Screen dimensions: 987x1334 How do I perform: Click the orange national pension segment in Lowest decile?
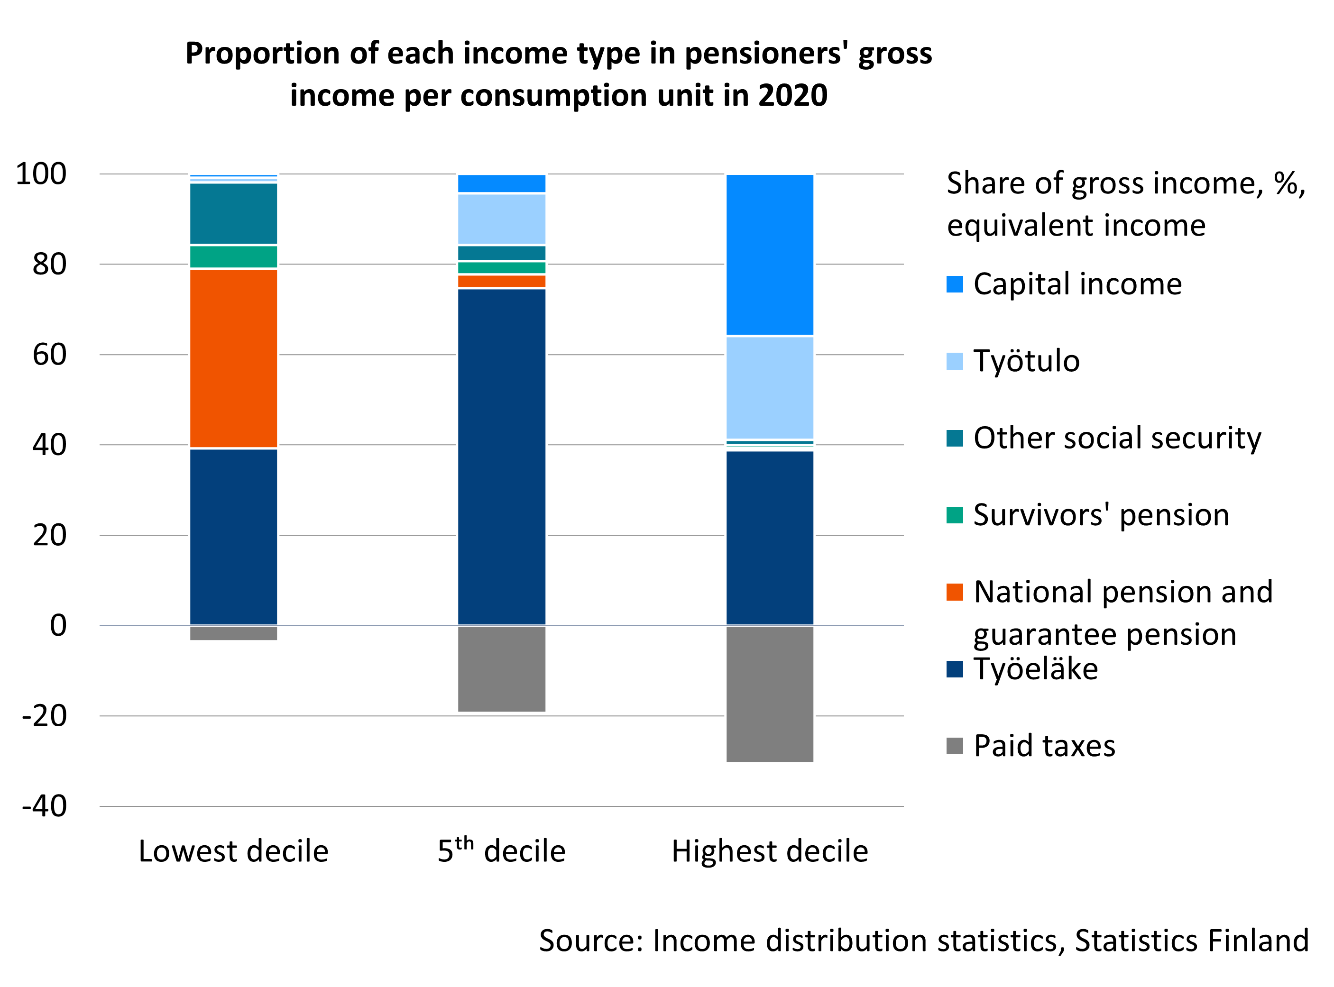coord(233,358)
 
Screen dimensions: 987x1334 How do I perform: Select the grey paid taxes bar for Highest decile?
coord(769,694)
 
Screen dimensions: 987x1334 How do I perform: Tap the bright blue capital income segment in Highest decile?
coord(769,254)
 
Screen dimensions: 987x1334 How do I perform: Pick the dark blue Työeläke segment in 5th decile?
coord(501,457)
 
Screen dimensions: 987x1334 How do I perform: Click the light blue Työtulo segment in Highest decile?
coord(769,388)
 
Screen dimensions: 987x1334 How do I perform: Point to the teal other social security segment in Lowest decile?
coord(233,213)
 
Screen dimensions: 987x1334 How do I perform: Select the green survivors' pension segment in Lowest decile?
coord(233,256)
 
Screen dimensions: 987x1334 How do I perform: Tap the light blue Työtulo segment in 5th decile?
coord(501,219)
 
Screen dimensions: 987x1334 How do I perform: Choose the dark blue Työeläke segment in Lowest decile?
coord(233,537)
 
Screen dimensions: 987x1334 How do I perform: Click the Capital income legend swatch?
coord(955,284)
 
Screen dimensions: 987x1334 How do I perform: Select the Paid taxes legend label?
coord(1044,746)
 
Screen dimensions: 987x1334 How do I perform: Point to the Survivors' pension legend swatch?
coord(955,515)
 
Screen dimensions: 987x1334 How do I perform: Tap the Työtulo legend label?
coord(1026,361)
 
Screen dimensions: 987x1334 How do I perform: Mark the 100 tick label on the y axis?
coord(41,174)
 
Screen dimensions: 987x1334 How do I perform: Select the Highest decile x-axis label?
coord(769,851)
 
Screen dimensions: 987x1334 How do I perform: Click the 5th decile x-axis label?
coord(501,851)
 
